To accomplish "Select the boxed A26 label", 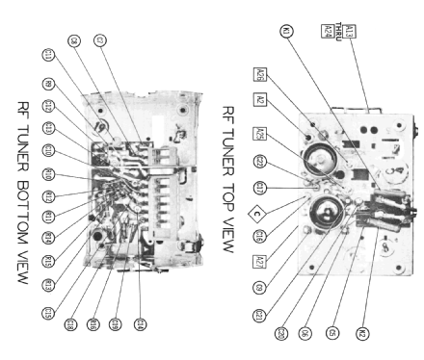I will click(260, 74).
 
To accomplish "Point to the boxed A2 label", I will click(260, 99).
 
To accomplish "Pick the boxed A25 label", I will click(260, 132).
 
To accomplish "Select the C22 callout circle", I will click(260, 161).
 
